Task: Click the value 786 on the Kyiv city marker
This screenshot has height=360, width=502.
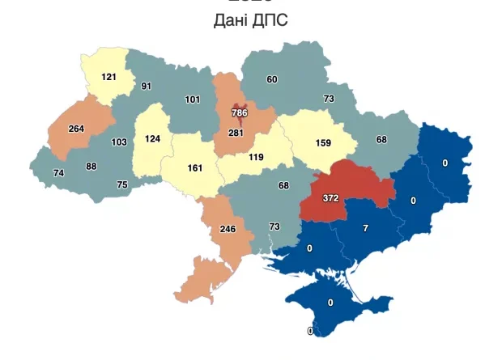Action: pos(239,112)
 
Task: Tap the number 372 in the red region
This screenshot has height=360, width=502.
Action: pos(330,197)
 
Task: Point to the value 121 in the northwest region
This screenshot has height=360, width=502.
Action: pos(109,77)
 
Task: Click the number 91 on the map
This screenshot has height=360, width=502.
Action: pos(147,86)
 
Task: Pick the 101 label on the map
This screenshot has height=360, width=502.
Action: pos(192,100)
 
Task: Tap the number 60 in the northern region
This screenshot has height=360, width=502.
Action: pos(272,79)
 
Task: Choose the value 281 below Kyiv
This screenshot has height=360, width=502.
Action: pos(236,133)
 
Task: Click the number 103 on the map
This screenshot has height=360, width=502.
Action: pos(119,142)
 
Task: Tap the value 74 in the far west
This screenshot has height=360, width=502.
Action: pos(58,173)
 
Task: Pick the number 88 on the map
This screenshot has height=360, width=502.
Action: pos(91,167)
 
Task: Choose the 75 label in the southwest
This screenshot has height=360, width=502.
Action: pos(122,184)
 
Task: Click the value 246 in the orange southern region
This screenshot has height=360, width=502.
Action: pos(228,229)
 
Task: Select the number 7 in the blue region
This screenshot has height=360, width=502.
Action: pos(365,229)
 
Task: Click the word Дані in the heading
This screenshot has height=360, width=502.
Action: pos(232,20)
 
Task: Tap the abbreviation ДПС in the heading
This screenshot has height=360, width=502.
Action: pos(270,20)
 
